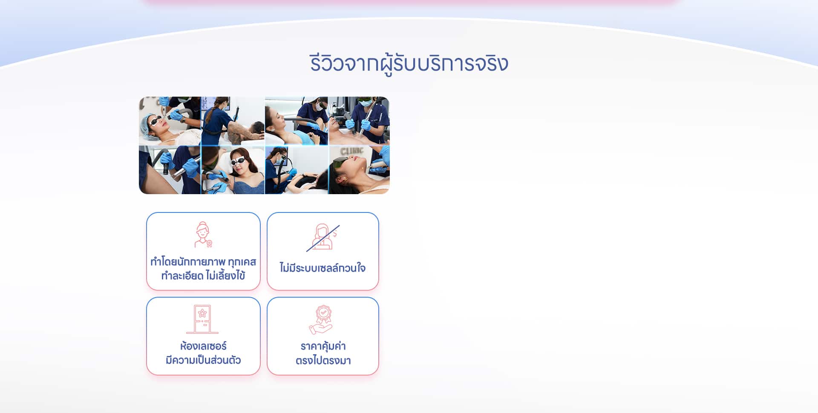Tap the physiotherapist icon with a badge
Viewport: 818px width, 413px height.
point(203,235)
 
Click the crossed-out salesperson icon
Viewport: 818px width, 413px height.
point(323,238)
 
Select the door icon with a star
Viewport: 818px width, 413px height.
point(202,319)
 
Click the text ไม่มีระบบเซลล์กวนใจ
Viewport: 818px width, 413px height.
point(323,268)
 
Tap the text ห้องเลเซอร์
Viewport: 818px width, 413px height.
point(203,346)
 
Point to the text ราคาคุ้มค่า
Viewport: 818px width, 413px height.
point(323,346)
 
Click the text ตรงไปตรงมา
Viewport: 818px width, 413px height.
point(323,361)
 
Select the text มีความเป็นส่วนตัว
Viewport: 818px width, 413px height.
point(203,360)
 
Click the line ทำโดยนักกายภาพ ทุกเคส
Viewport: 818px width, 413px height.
point(203,261)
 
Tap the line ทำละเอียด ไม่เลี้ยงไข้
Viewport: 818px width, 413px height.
point(203,276)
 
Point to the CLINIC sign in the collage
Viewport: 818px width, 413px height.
point(352,151)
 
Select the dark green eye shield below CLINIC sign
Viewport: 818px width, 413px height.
point(342,162)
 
